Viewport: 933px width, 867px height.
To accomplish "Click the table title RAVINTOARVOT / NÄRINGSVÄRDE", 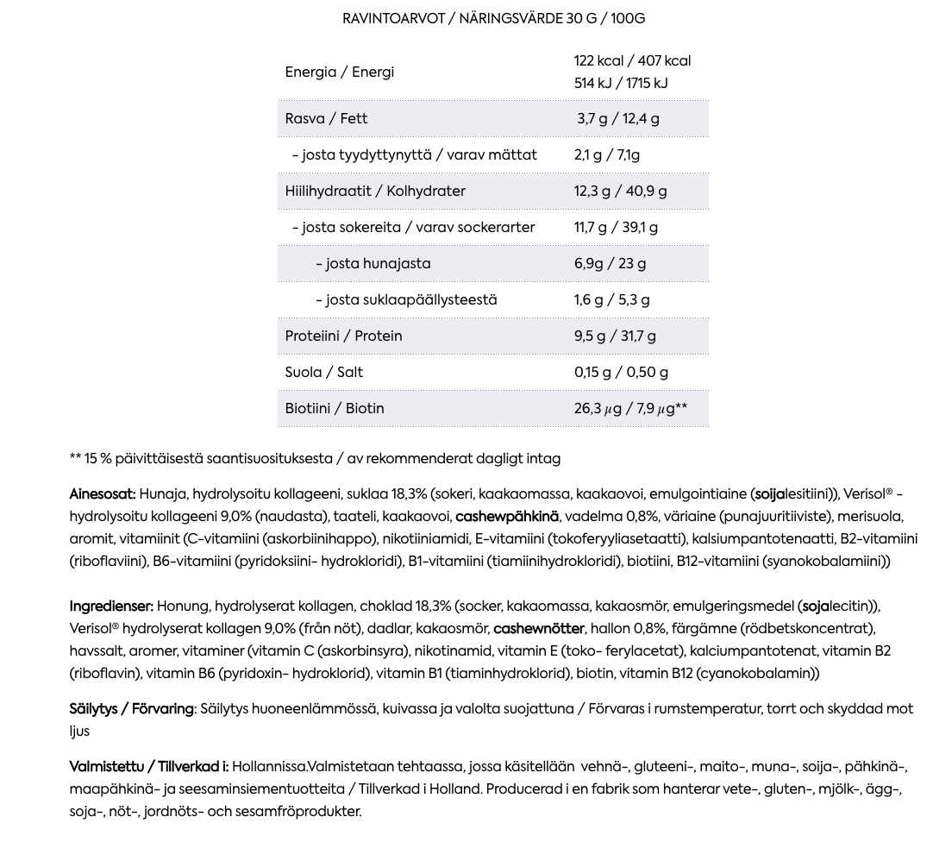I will click(493, 19).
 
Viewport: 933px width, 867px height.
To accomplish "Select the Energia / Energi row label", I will click(339, 72).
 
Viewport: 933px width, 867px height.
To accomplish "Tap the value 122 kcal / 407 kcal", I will click(632, 61).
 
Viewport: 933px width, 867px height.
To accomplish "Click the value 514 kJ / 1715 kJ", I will click(621, 84).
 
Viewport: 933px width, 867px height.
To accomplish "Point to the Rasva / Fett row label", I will click(326, 119).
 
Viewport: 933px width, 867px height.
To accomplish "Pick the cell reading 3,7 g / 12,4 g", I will click(618, 119).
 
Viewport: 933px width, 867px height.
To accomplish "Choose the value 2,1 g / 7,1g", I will click(607, 155).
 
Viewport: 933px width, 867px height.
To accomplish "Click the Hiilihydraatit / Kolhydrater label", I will click(375, 192).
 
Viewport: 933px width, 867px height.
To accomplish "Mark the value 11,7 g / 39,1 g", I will click(616, 228).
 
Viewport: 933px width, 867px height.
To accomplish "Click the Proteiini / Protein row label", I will click(343, 336).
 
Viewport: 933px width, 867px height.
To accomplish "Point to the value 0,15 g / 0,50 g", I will click(621, 373).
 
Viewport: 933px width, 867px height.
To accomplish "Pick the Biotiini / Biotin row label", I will click(335, 409).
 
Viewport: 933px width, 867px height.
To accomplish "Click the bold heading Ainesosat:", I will click(103, 494).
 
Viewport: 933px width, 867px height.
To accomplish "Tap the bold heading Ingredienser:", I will click(111, 606).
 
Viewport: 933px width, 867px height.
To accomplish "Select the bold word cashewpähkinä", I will click(507, 517).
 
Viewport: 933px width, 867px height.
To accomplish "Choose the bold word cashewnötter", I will click(539, 629).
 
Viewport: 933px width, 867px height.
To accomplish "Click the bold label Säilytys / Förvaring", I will click(131, 709).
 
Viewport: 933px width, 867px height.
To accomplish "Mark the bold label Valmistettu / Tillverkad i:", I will click(148, 767).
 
